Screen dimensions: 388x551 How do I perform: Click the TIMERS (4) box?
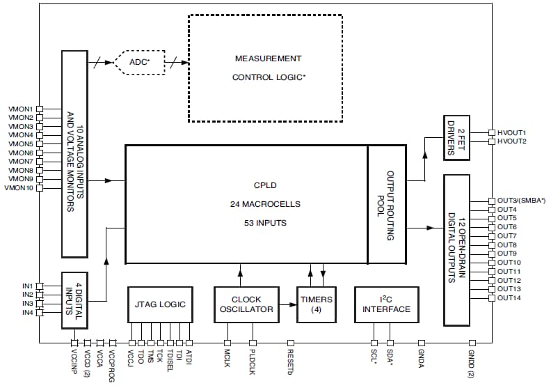point(316,304)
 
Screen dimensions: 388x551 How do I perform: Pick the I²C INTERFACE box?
point(387,304)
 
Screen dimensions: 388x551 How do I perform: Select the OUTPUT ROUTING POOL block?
point(387,204)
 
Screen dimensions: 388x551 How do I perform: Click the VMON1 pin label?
point(20,109)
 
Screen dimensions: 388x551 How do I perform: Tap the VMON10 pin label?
point(19,188)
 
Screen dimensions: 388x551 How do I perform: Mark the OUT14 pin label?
point(509,298)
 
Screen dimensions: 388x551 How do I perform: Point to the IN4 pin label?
point(27,313)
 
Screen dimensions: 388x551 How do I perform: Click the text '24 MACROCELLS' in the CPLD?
point(265,205)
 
